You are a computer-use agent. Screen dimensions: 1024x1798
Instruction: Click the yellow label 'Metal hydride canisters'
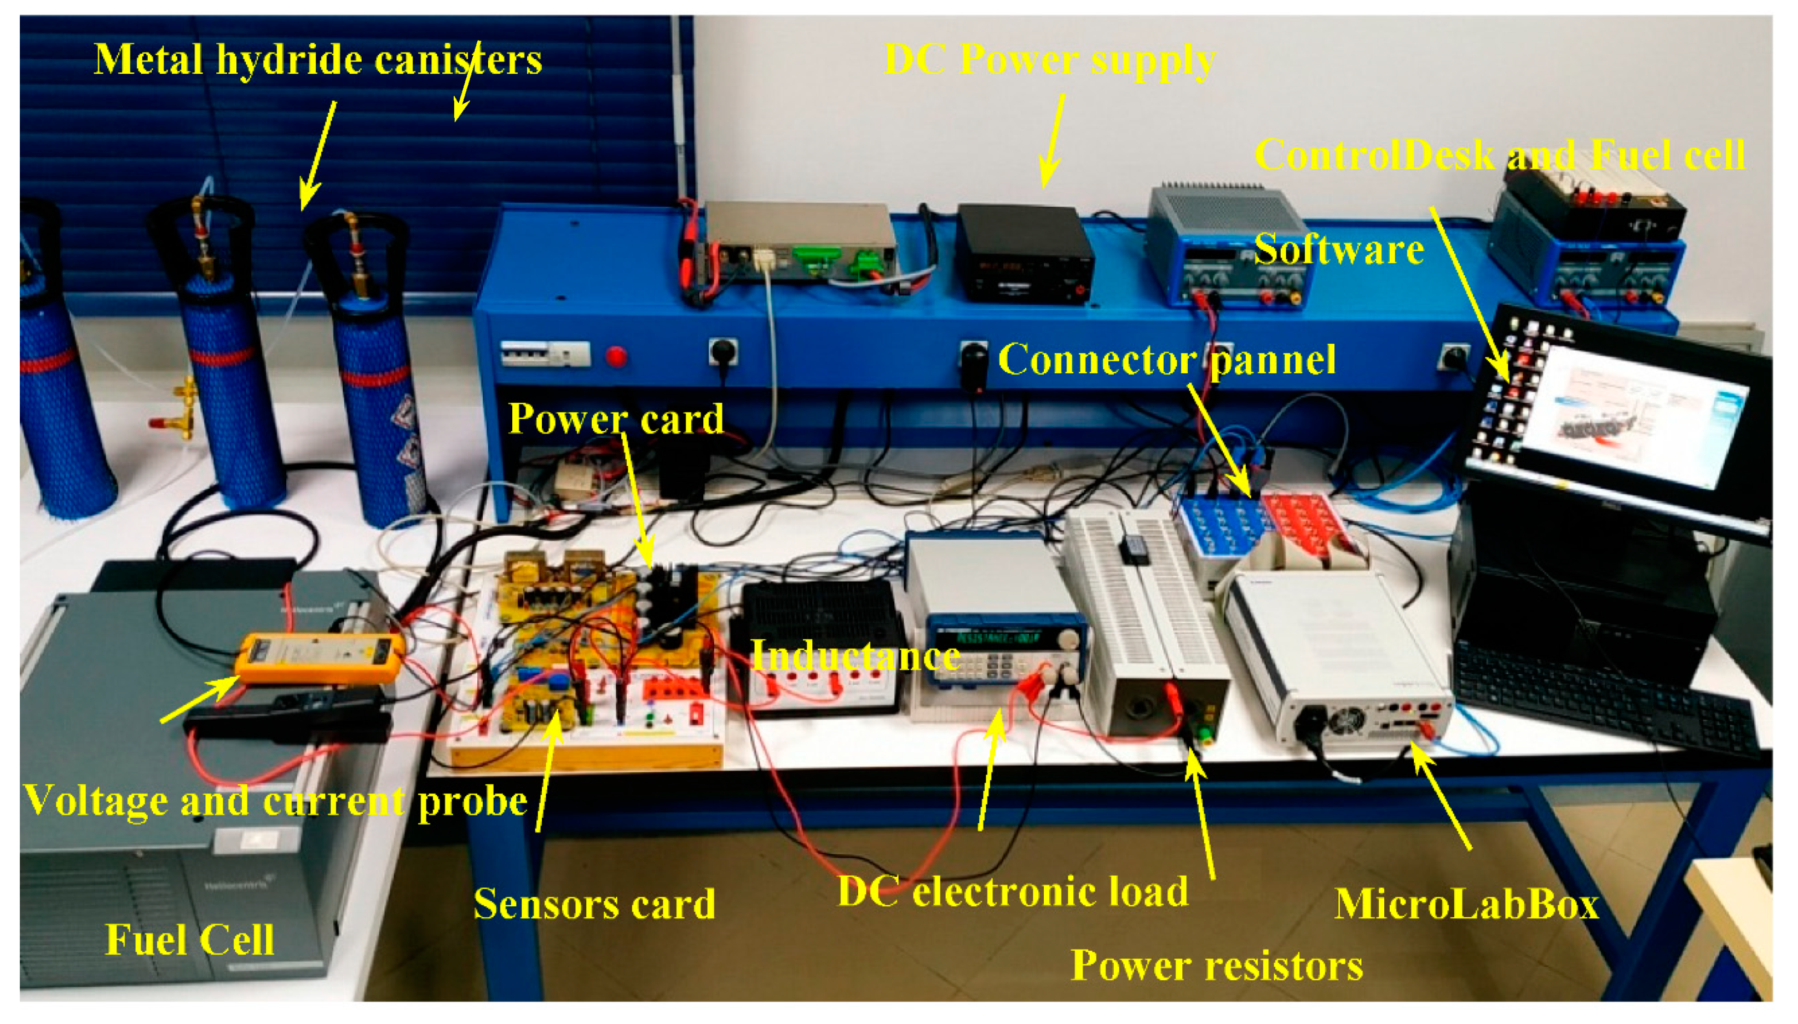click(x=318, y=59)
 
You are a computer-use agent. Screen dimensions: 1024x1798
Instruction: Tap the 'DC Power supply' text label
click(x=1049, y=59)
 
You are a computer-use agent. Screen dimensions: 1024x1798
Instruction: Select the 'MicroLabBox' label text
click(x=1467, y=904)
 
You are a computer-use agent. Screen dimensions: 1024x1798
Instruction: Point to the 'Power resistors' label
click(x=1217, y=965)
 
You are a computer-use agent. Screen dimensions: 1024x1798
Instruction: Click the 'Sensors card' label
click(x=594, y=904)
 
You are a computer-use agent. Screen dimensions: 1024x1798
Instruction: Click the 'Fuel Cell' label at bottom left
click(x=189, y=940)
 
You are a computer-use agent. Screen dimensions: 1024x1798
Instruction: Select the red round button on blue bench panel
click(x=616, y=357)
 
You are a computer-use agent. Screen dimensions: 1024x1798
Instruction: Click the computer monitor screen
click(x=1632, y=420)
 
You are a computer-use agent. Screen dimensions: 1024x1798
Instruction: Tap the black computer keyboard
click(x=1603, y=696)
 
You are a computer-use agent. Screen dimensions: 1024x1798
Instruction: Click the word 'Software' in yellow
click(x=1339, y=249)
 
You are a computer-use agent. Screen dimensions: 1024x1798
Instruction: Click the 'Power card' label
click(x=616, y=419)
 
